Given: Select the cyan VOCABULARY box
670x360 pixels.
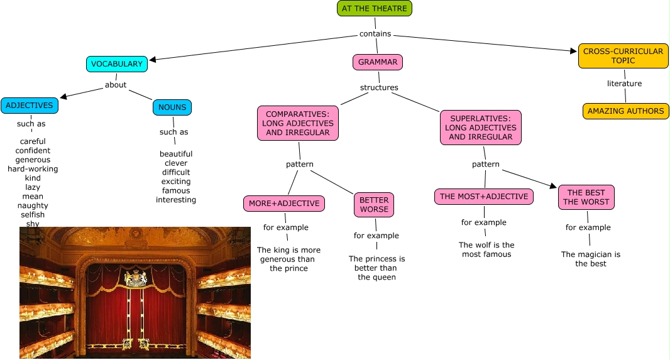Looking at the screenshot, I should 117,64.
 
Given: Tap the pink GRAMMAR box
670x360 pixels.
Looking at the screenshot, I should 378,62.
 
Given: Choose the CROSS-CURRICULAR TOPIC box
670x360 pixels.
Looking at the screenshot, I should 623,56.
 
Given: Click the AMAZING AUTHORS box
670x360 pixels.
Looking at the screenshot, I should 625,111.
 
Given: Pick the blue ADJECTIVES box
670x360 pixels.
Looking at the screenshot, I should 30,106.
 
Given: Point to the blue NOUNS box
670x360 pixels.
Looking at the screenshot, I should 172,107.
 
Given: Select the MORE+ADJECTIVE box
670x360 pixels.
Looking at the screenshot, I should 285,204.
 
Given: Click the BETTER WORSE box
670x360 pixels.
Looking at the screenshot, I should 374,205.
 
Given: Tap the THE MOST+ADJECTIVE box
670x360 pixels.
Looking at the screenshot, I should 484,197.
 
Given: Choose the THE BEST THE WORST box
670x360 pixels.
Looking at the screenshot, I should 586,197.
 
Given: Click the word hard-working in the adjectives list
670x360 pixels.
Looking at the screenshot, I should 33,169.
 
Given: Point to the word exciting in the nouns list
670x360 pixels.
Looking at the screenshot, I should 176,182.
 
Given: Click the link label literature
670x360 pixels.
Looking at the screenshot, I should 624,84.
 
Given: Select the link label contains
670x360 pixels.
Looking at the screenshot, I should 375,34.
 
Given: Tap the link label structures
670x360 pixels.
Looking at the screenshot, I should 379,87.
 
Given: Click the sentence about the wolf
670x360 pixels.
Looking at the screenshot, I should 486,249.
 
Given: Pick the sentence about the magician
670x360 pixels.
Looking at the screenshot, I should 591,259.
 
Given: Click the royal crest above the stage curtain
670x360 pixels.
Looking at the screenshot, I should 136,277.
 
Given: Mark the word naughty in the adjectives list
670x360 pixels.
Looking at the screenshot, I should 33,205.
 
